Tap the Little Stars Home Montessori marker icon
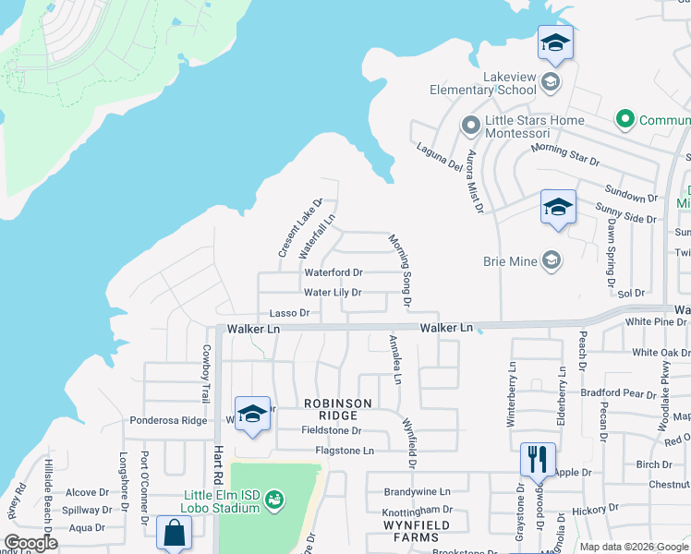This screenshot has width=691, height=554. [470, 123]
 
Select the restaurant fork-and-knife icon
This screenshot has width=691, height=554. [537, 458]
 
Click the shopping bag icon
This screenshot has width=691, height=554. [174, 533]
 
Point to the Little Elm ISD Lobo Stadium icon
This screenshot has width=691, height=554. [273, 501]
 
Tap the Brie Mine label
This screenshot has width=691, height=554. [510, 261]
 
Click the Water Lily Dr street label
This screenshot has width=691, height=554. [332, 293]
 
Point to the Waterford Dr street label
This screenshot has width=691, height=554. [333, 272]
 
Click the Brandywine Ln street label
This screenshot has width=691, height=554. [417, 492]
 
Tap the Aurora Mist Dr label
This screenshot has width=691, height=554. [475, 180]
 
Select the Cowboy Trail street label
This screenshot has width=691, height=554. [205, 373]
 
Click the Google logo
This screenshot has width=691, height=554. [30, 543]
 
